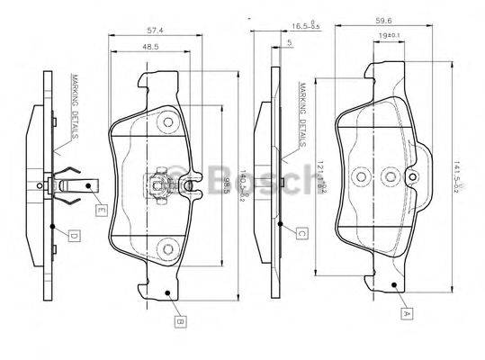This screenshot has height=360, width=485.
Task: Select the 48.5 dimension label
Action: (151, 47)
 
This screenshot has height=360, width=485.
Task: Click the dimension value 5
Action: (289, 42)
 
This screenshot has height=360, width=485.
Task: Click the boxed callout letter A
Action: (407, 314)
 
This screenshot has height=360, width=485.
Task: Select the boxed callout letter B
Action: (180, 319)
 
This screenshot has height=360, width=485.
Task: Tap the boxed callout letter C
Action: (301, 234)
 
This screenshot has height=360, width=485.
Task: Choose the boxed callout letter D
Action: (75, 236)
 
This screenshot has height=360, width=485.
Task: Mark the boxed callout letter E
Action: (101, 210)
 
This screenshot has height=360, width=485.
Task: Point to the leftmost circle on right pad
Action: (360, 175)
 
